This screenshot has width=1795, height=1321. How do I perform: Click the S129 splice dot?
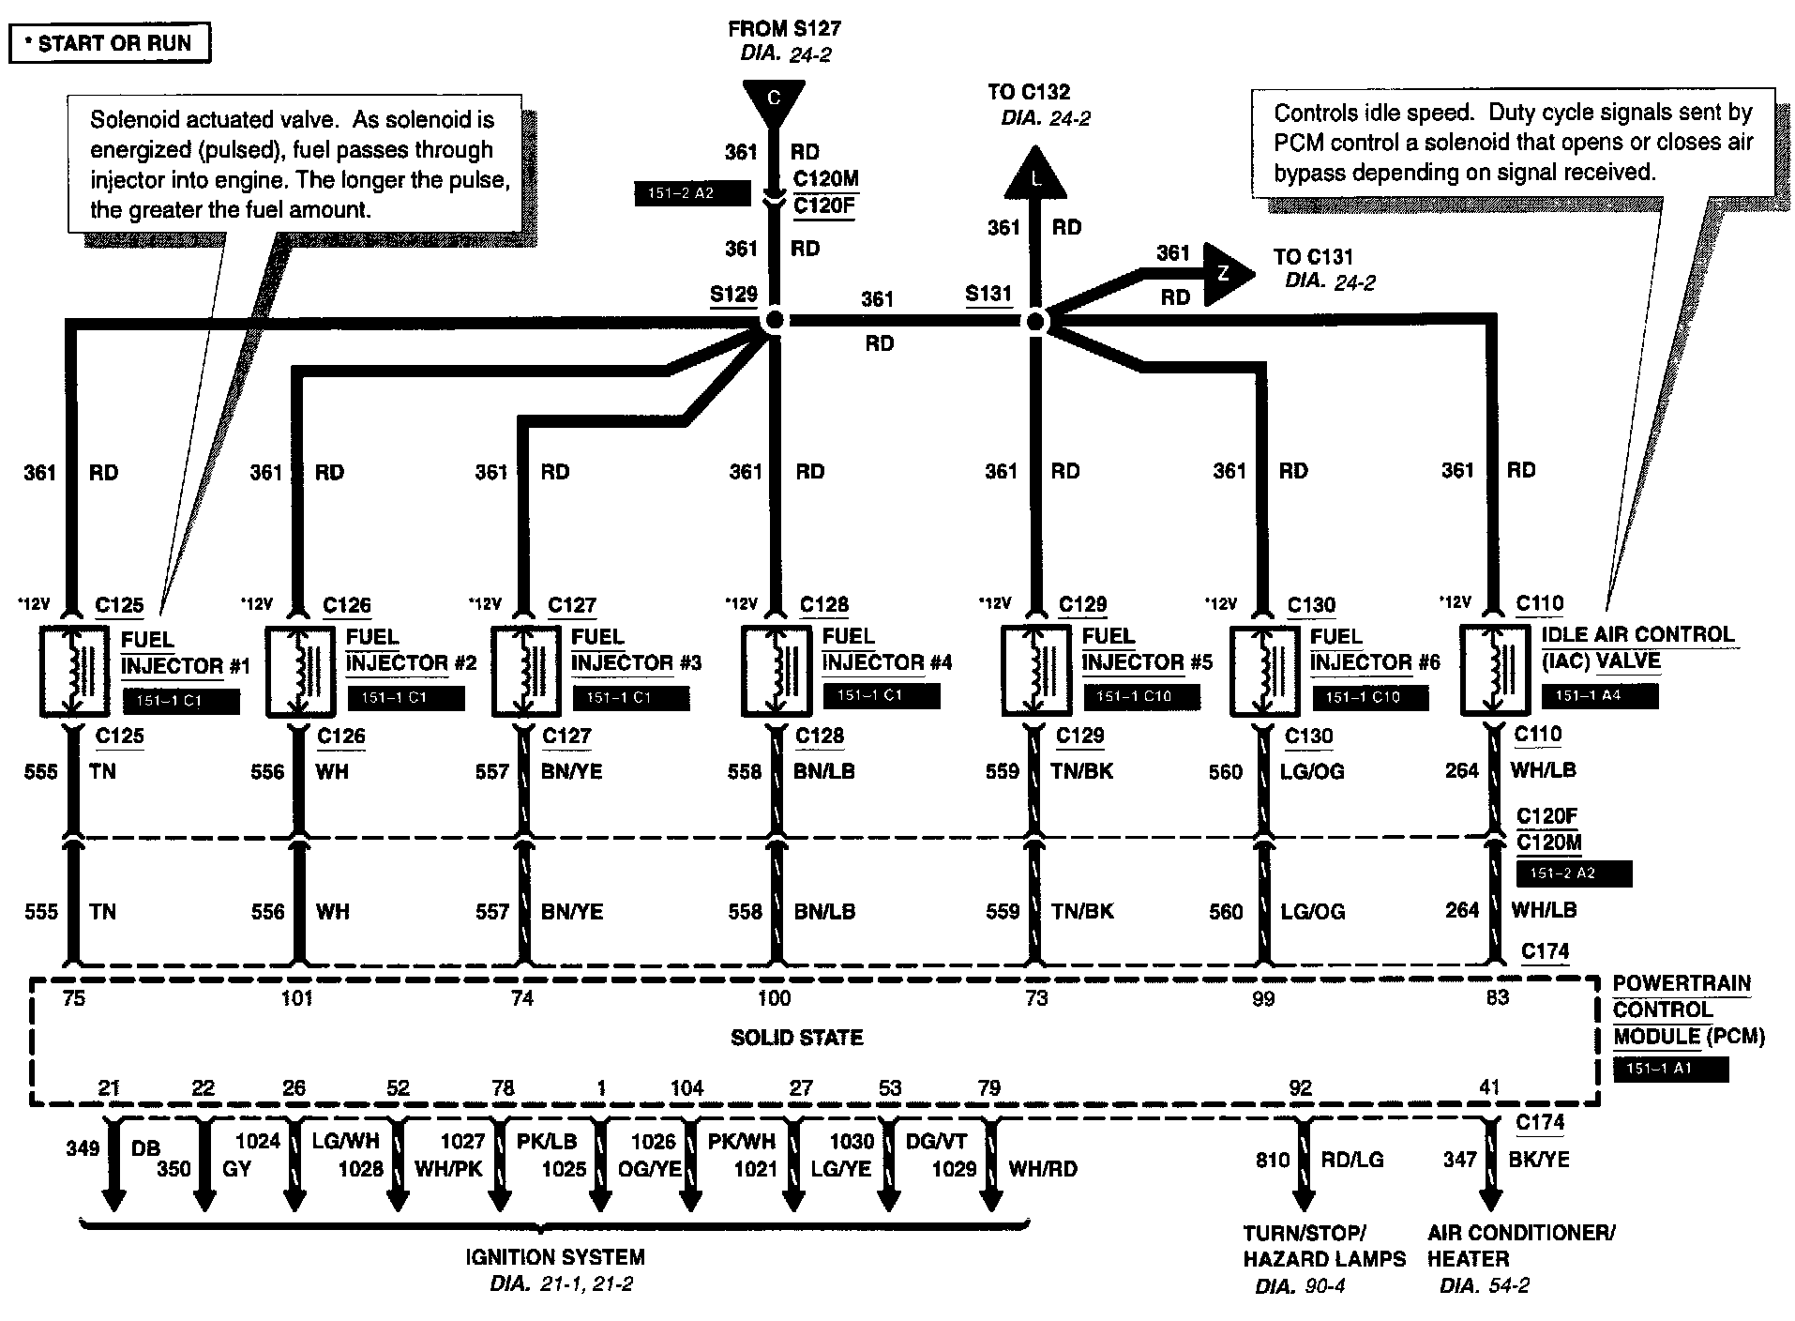point(774,321)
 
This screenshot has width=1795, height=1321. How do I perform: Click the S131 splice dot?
point(1034,321)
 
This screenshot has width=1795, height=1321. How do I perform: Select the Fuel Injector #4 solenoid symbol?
point(776,670)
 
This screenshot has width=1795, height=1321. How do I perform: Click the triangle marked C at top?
point(774,99)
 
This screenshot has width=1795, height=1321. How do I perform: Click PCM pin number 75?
point(74,998)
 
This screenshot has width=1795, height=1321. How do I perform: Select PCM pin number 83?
point(1498,998)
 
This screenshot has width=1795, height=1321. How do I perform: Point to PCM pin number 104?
point(686,1088)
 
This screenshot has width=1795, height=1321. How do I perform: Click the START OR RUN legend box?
point(110,43)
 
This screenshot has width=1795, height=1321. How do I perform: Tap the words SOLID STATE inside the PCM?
point(796,1038)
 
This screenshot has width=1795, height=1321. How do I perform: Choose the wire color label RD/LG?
point(1352,1160)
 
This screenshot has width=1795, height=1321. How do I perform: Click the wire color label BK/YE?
point(1539,1160)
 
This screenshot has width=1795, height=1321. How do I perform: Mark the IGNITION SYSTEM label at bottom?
point(555,1257)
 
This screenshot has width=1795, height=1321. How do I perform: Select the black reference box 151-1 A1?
point(1670,1069)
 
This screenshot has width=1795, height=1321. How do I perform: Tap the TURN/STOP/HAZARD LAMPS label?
point(1324,1246)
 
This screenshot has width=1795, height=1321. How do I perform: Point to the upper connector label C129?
point(1083,605)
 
